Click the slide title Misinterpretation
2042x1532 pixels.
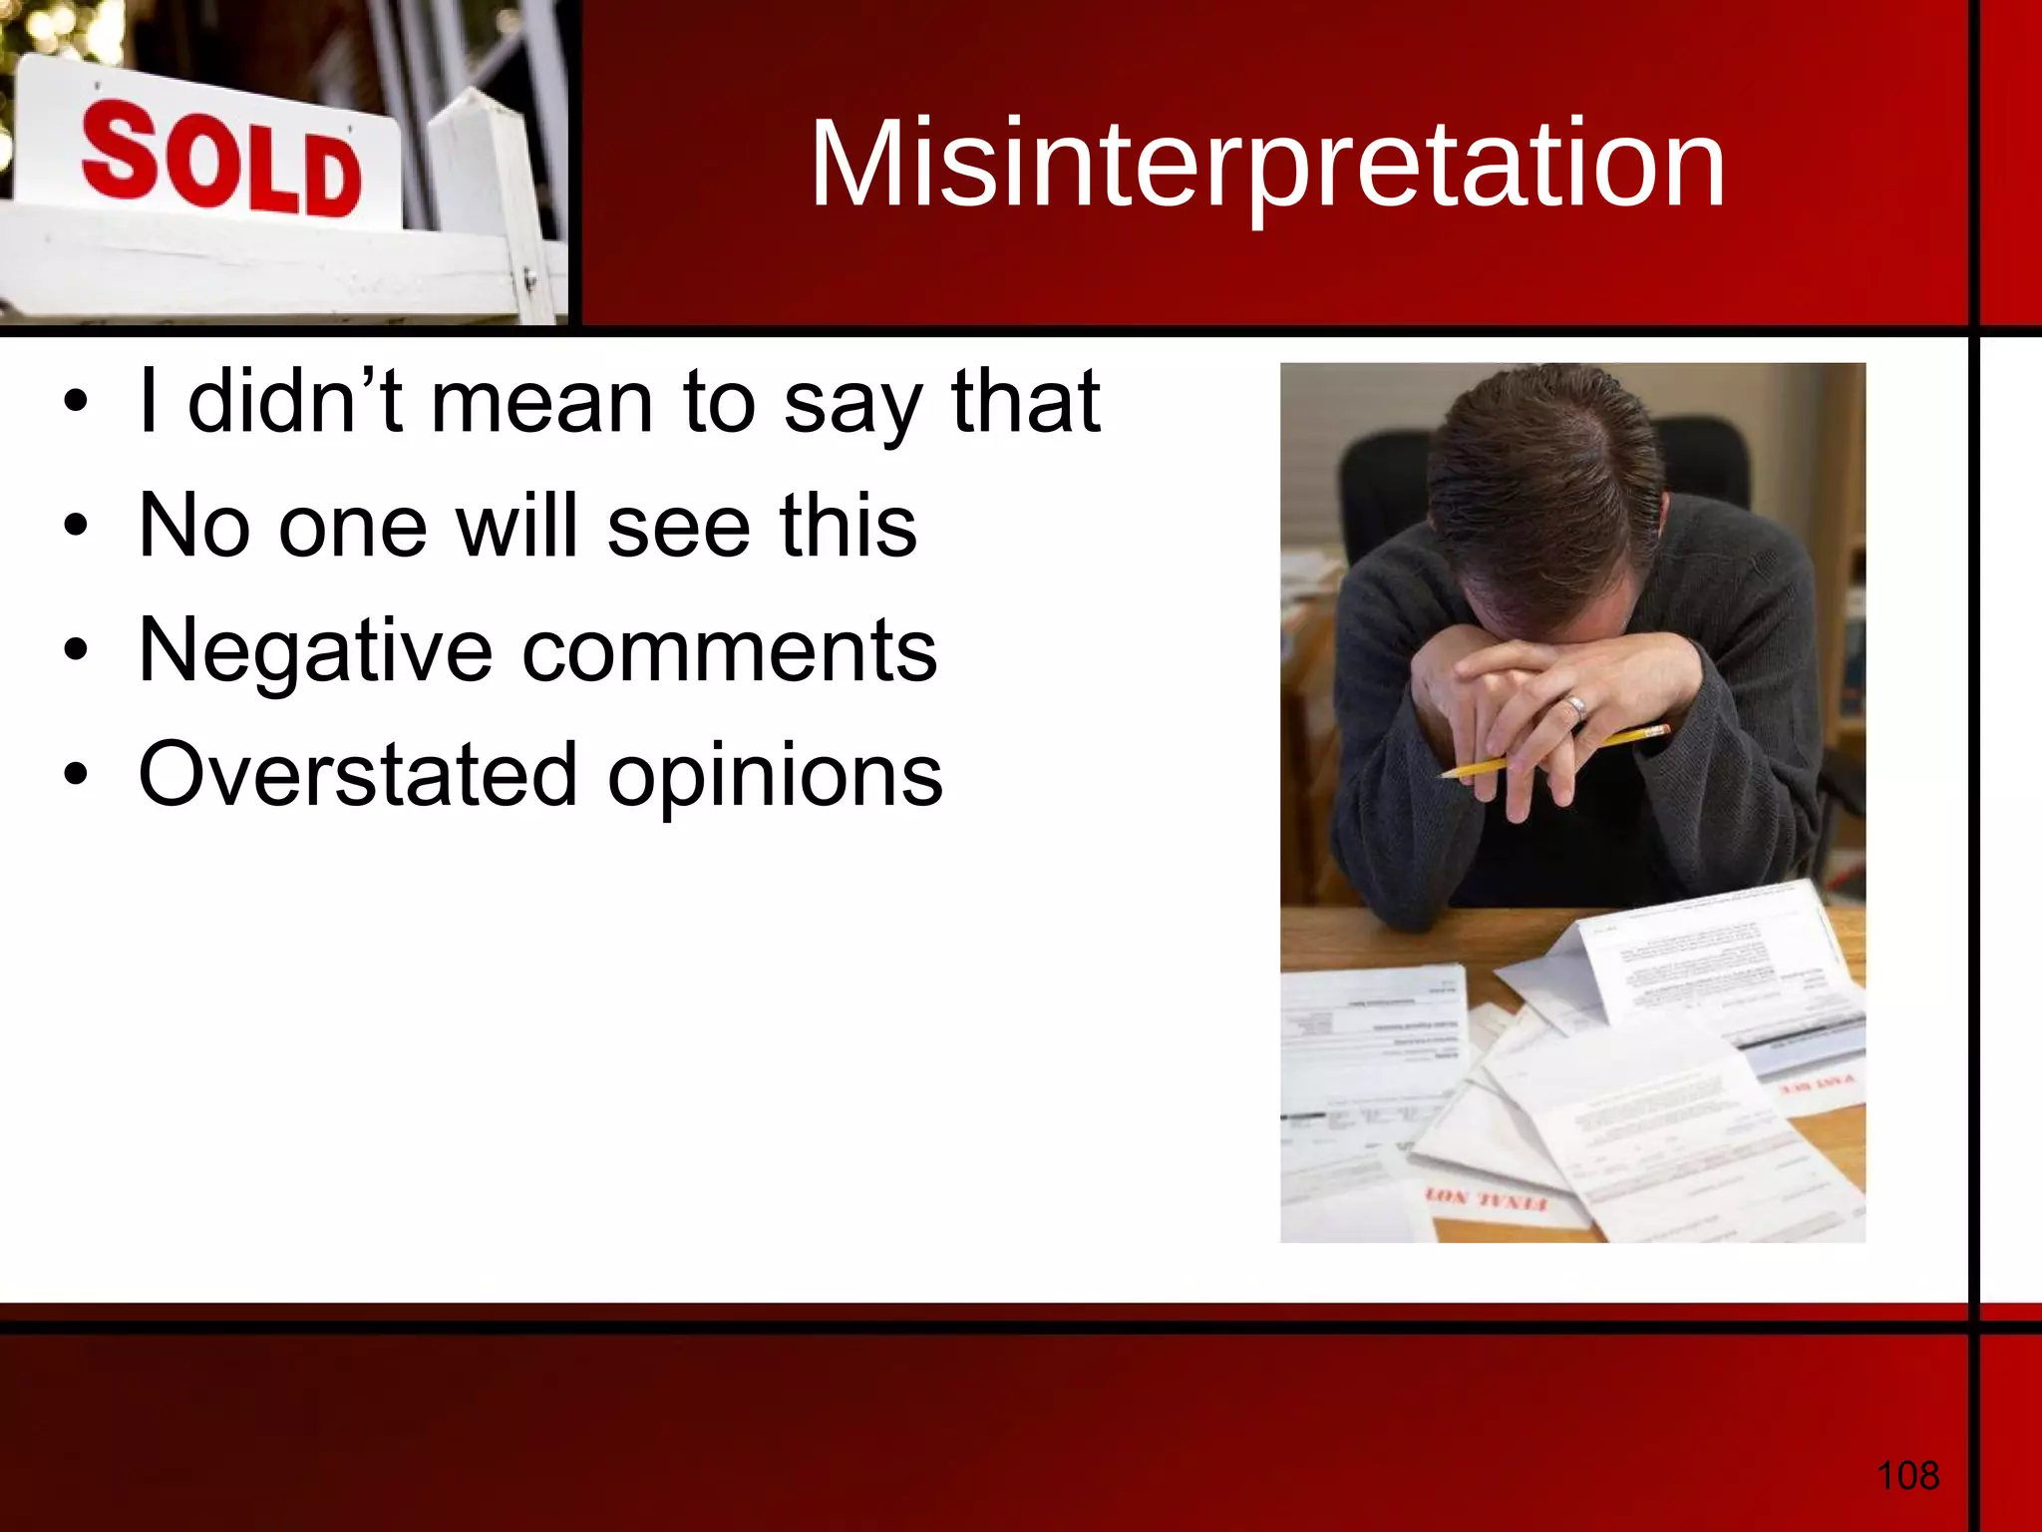(x=1267, y=164)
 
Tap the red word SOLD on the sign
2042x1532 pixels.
(x=221, y=165)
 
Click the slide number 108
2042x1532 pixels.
(x=1907, y=1474)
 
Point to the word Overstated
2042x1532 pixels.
(x=358, y=775)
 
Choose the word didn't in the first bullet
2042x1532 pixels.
(x=295, y=401)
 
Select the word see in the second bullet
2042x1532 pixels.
(x=678, y=528)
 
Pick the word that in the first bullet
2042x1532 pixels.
(x=1026, y=401)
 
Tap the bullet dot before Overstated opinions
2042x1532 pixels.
(x=76, y=776)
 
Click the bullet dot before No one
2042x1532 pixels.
(x=76, y=528)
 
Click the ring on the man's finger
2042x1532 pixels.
(x=1576, y=707)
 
